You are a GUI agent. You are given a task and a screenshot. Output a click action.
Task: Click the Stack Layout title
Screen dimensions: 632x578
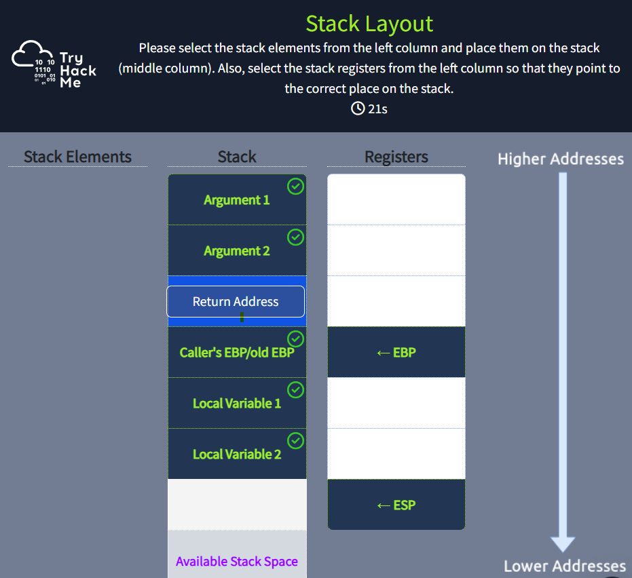pyautogui.click(x=369, y=24)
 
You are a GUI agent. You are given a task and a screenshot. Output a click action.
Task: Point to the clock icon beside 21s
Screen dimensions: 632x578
pyautogui.click(x=358, y=109)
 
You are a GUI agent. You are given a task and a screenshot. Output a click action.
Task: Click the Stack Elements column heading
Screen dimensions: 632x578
pyautogui.click(x=77, y=157)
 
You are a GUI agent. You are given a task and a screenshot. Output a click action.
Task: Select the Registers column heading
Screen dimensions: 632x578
pyautogui.click(x=396, y=157)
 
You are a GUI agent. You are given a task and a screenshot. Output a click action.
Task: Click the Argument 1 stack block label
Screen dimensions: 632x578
pyautogui.click(x=237, y=200)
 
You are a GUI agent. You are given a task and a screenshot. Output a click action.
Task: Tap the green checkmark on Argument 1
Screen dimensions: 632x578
pyautogui.click(x=295, y=187)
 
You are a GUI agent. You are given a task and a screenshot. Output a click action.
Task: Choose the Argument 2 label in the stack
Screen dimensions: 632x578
pyautogui.click(x=237, y=251)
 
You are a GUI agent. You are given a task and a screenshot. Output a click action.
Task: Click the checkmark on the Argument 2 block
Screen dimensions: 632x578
pyautogui.click(x=295, y=237)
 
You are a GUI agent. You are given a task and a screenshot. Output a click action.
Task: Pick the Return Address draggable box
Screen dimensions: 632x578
pyautogui.click(x=236, y=302)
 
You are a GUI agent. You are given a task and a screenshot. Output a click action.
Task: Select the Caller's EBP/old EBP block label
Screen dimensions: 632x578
pyautogui.click(x=237, y=353)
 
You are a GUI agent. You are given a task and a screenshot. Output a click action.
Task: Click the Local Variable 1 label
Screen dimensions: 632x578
pyautogui.click(x=237, y=403)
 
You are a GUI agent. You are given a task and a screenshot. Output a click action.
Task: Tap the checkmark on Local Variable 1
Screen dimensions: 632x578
pyautogui.click(x=295, y=390)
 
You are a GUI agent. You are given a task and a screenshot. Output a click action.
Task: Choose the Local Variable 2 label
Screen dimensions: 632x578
pyautogui.click(x=237, y=454)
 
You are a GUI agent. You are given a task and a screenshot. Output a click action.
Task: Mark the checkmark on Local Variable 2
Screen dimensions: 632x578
pyautogui.click(x=295, y=441)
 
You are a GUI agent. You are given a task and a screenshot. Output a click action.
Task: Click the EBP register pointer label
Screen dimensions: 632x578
pyautogui.click(x=396, y=353)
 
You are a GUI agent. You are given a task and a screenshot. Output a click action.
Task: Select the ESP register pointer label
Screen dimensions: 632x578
pyautogui.click(x=396, y=505)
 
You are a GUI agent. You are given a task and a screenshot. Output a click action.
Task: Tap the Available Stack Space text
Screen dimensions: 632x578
pyautogui.click(x=237, y=562)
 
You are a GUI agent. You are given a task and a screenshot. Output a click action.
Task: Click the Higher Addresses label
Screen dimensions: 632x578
pyautogui.click(x=561, y=159)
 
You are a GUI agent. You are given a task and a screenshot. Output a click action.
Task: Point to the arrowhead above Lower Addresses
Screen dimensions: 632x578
pyautogui.click(x=563, y=545)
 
